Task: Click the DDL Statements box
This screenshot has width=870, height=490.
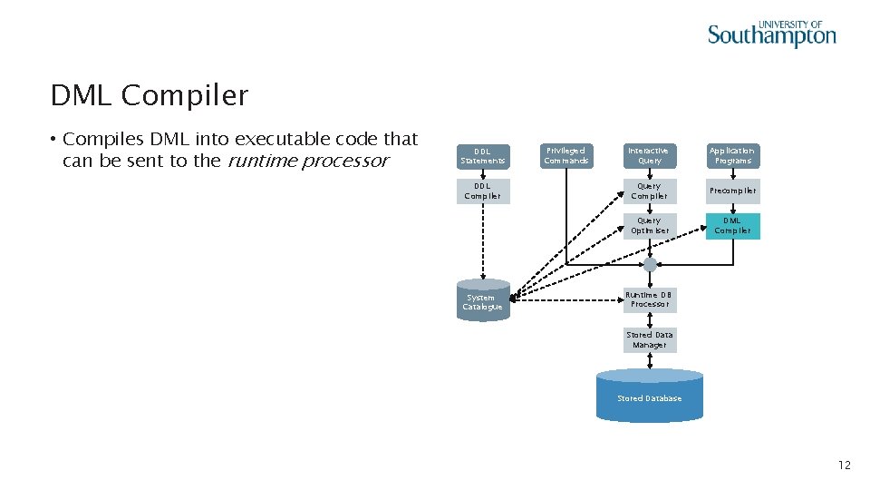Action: click(x=483, y=156)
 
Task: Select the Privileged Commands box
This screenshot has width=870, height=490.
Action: click(x=565, y=156)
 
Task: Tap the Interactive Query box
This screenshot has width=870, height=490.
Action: click(x=650, y=156)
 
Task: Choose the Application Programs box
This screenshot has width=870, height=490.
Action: click(x=732, y=156)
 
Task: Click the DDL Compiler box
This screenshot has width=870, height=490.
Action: click(x=483, y=191)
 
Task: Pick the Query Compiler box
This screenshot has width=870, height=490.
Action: click(x=650, y=191)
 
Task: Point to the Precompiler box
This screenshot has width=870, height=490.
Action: click(x=732, y=191)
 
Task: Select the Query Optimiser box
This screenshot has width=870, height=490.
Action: click(x=650, y=226)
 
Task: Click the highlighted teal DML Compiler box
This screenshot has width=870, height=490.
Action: click(x=732, y=226)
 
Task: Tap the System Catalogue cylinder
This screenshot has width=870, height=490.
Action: click(x=483, y=300)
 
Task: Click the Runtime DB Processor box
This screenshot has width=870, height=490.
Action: click(x=650, y=299)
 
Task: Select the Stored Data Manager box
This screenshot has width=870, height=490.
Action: click(x=650, y=340)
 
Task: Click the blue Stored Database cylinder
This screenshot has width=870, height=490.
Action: click(x=650, y=397)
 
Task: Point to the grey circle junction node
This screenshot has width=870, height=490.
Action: click(x=650, y=265)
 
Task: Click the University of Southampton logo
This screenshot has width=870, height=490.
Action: click(x=771, y=34)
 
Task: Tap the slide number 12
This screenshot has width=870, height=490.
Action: click(x=844, y=465)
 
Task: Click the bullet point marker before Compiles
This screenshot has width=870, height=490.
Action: click(x=54, y=140)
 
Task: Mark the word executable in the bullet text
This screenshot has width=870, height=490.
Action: click(x=284, y=139)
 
